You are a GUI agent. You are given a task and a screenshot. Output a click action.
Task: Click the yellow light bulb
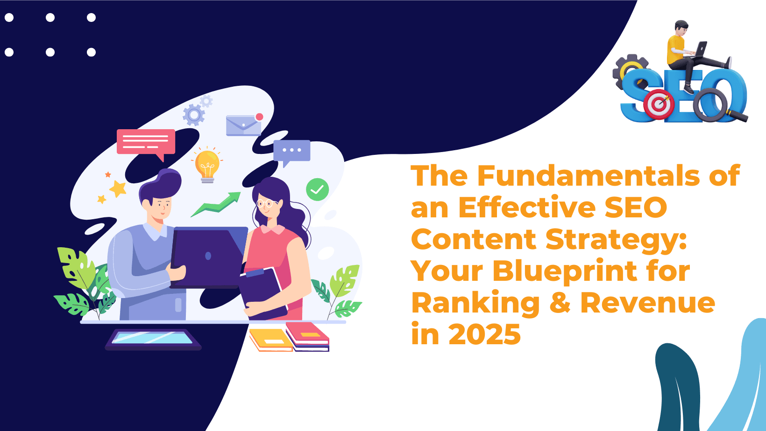[207, 166]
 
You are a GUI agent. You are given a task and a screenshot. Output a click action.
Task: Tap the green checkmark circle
[317, 189]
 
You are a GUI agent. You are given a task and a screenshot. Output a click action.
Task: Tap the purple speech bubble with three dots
[292, 153]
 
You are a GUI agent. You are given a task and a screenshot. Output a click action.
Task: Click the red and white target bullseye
[659, 104]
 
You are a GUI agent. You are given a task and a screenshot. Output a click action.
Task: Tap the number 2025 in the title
[484, 334]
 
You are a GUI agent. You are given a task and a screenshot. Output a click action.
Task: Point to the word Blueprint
[565, 271]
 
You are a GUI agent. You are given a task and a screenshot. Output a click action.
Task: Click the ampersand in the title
[560, 302]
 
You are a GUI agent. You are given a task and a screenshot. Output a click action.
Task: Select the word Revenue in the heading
[648, 302]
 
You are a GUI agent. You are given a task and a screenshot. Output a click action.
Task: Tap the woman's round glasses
[267, 203]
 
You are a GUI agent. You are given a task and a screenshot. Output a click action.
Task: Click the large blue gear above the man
[194, 115]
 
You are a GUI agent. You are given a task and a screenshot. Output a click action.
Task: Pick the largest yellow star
[118, 188]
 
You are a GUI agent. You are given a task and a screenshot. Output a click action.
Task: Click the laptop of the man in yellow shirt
[700, 49]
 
